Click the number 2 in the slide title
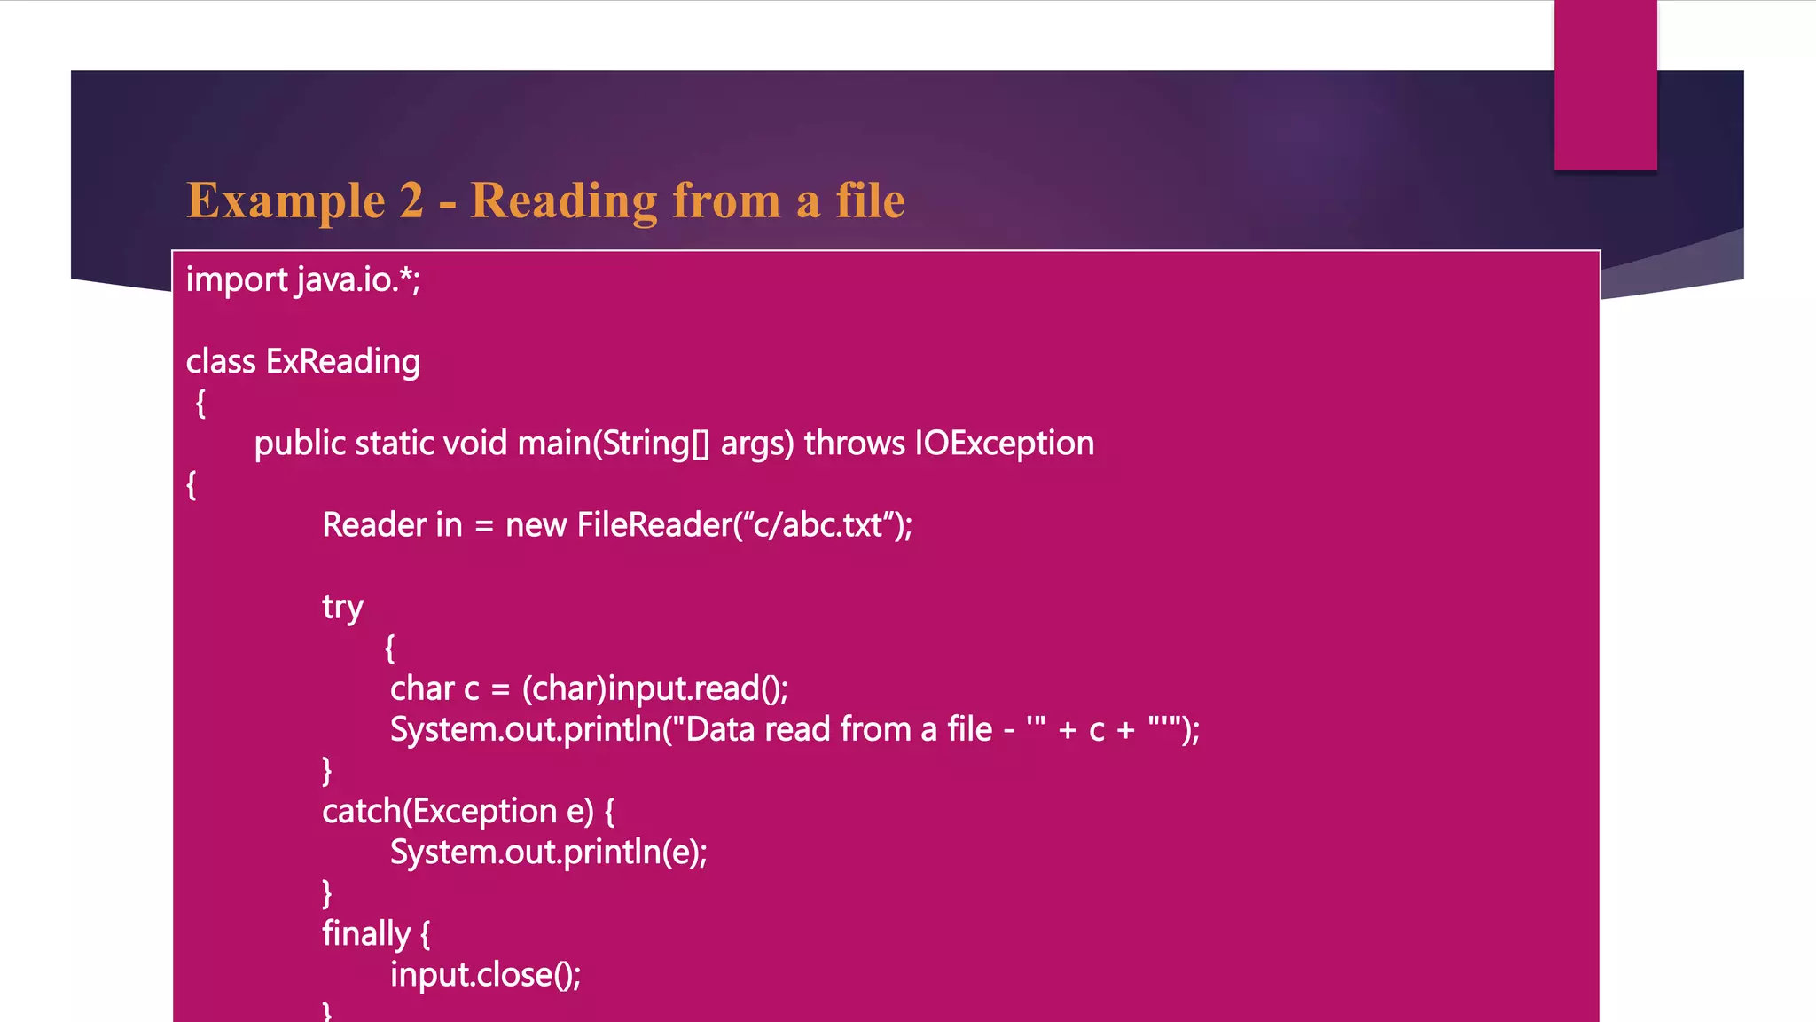click(x=411, y=200)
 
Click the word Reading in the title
click(x=563, y=201)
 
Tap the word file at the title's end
click(x=870, y=200)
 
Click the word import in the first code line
click(x=236, y=280)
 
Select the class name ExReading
click(x=343, y=362)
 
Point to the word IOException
click(x=1005, y=444)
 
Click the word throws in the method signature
click(x=854, y=444)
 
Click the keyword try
click(x=342, y=608)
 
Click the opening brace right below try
click(x=389, y=649)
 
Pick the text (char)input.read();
click(x=654, y=689)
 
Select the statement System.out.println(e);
click(x=548, y=853)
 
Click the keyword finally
click(x=366, y=934)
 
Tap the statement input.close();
click(x=485, y=975)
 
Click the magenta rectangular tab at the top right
click(x=1605, y=84)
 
